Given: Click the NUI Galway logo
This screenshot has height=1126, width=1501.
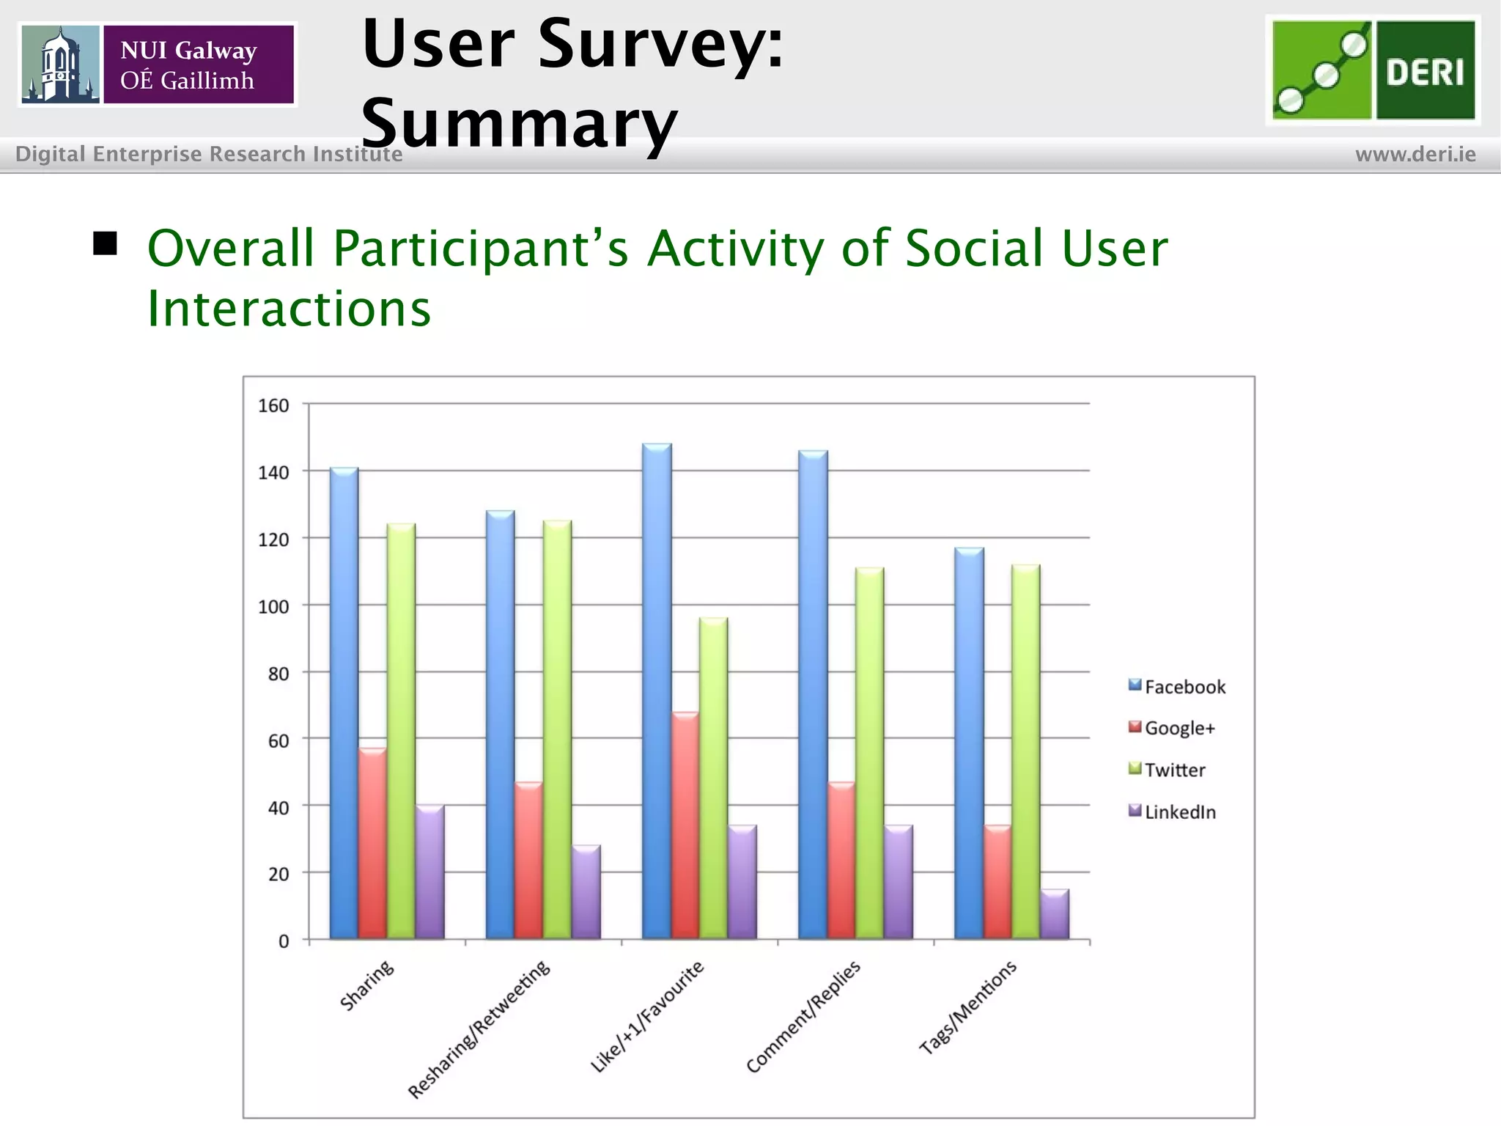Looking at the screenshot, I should [x=158, y=65].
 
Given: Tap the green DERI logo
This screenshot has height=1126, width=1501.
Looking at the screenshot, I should [x=1373, y=70].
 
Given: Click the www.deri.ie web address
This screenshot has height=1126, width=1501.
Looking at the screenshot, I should [x=1415, y=155].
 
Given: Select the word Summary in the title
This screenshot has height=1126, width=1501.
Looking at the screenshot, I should [x=519, y=122].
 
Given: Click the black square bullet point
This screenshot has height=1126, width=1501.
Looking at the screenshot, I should [x=106, y=243].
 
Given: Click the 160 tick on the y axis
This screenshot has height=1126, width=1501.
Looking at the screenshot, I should [x=273, y=405].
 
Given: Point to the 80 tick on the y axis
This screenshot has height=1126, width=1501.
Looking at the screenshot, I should [x=279, y=674].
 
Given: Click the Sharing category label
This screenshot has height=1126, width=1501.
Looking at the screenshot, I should [x=367, y=986].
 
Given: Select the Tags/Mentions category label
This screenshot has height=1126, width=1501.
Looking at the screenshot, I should [x=968, y=1007].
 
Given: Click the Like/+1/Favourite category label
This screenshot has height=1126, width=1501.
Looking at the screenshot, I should [x=647, y=1015].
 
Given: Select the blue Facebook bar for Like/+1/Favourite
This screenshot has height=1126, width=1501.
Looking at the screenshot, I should [x=657, y=689].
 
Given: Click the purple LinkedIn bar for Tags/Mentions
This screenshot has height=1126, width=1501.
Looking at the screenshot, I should [x=1055, y=913].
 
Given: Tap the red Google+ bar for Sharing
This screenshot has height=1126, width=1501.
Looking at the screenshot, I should [x=372, y=843].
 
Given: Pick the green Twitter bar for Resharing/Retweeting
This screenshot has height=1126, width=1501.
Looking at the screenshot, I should [x=557, y=729].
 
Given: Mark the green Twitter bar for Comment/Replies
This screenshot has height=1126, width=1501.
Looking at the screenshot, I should [x=869, y=753].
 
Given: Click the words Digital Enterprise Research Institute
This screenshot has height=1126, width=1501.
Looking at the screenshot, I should [x=209, y=155].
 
